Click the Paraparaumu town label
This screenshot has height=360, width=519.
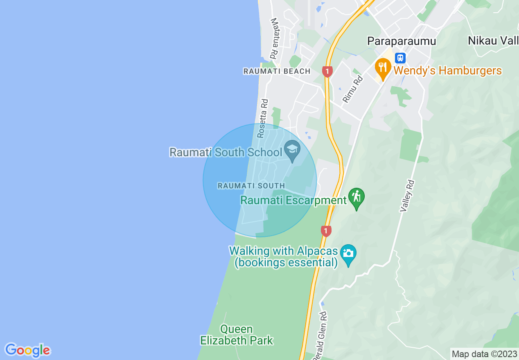click(x=402, y=41)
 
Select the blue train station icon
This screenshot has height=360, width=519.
click(x=400, y=58)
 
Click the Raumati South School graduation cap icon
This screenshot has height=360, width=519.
click(x=292, y=150)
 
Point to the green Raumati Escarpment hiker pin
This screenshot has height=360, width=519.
click(x=357, y=198)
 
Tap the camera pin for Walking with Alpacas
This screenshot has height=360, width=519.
click(x=348, y=254)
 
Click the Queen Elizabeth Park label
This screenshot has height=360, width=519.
click(x=237, y=335)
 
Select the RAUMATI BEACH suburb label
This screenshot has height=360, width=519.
click(x=277, y=71)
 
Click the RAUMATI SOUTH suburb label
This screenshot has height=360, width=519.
click(x=251, y=185)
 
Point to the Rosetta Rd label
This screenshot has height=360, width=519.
click(x=262, y=118)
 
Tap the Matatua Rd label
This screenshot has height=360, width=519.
click(x=274, y=38)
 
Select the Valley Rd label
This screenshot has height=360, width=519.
click(x=408, y=196)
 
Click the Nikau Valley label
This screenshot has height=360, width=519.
click(x=493, y=41)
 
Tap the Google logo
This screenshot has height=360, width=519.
click(x=27, y=350)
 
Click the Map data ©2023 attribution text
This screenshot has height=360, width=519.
click(x=484, y=354)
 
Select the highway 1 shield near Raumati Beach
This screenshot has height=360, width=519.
click(x=327, y=72)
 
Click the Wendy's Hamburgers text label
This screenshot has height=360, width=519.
click(x=448, y=71)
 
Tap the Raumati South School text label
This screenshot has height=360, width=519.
click(x=226, y=153)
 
